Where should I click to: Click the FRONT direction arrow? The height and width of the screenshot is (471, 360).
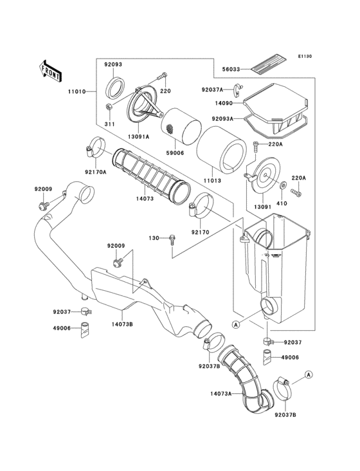click(50, 69)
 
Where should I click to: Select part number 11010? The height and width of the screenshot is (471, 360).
click(76, 92)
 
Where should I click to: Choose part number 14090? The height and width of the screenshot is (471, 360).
click(226, 102)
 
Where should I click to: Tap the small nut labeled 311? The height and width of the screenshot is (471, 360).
click(110, 107)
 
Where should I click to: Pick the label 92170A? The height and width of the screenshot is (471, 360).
click(96, 171)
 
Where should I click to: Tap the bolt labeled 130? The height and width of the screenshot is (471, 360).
click(172, 239)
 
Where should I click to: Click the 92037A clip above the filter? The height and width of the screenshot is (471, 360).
click(237, 91)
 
